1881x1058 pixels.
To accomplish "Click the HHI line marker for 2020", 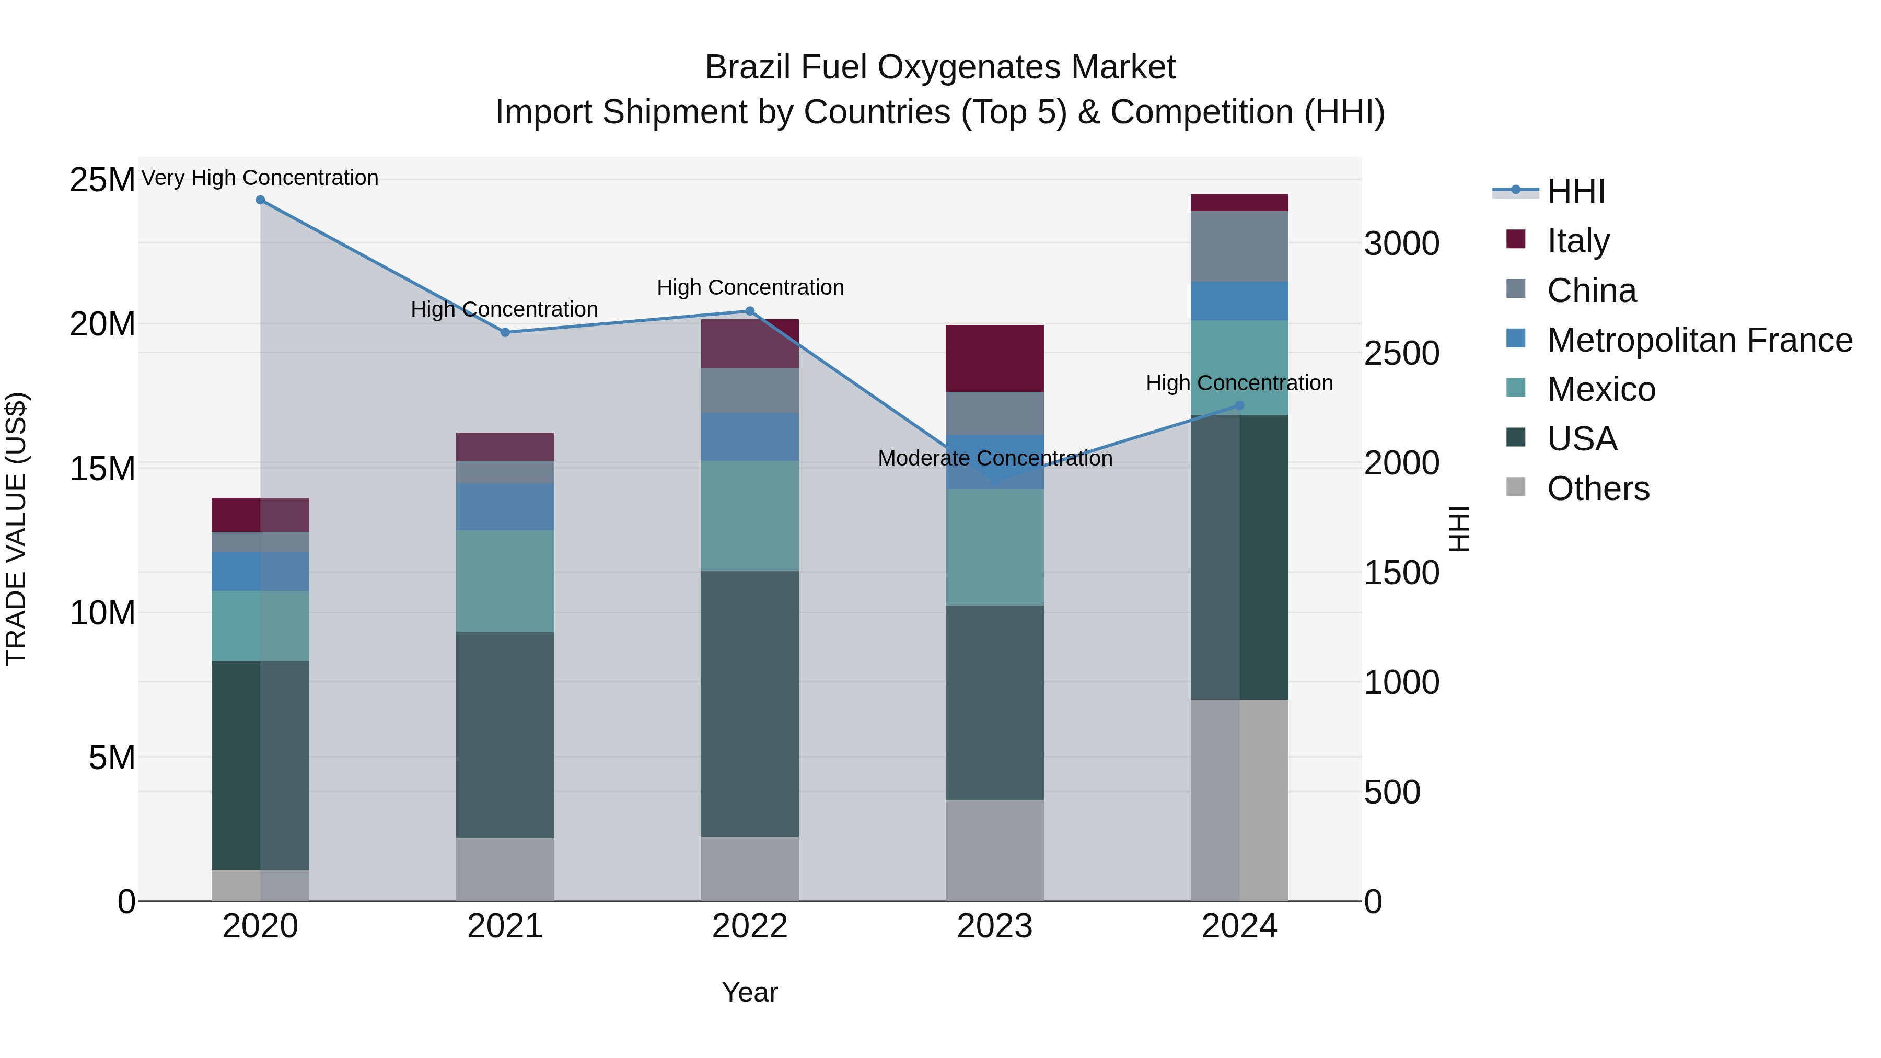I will pos(260,200).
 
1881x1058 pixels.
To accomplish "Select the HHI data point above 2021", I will pos(505,332).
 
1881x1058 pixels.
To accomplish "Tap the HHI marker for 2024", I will pos(1239,405).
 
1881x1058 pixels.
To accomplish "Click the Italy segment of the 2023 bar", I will pos(994,358).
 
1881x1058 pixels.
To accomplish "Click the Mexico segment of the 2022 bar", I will pos(749,516).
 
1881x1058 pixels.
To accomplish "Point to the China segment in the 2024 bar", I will pos(1239,246).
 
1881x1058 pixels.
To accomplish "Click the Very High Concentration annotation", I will pos(260,178).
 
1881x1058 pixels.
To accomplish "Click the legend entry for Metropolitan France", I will pos(1699,340).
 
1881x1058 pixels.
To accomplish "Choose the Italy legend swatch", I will pos(1516,239).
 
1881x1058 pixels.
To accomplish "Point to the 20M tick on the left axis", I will pos(102,323).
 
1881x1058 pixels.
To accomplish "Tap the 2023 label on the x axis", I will pos(994,926).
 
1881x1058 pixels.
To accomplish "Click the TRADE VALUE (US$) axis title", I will pos(16,529).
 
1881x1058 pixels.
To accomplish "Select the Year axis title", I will pos(749,992).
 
